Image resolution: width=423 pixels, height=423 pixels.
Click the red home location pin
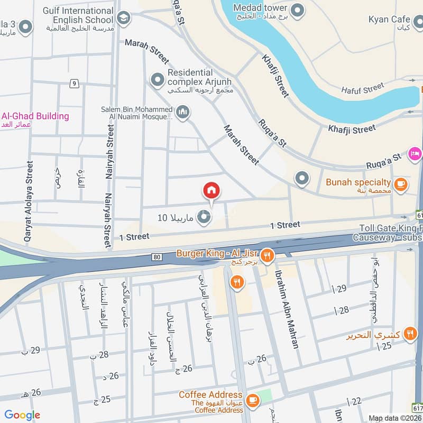(x=212, y=191)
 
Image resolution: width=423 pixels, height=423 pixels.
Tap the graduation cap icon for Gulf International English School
(x=123, y=19)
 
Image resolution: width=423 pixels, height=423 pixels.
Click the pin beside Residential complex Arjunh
(x=157, y=80)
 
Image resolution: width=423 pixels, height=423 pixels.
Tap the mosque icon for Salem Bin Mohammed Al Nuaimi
(x=183, y=112)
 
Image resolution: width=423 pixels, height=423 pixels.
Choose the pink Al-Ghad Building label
(x=35, y=116)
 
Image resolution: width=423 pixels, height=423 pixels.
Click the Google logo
(x=22, y=415)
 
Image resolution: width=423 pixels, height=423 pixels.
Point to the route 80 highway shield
(x=157, y=258)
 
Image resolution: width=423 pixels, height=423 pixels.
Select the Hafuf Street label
(x=362, y=89)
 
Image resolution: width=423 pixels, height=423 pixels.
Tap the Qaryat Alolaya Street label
(x=29, y=201)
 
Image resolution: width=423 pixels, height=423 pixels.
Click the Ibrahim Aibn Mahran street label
(x=286, y=309)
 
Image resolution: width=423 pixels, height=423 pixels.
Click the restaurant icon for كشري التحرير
(x=409, y=334)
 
